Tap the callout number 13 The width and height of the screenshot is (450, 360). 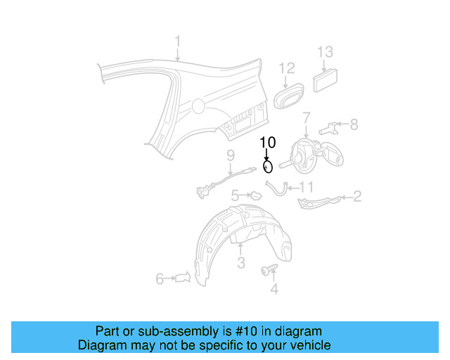[x=324, y=51]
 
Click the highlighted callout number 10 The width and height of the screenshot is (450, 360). [x=267, y=142]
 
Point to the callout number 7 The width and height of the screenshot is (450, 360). [x=306, y=117]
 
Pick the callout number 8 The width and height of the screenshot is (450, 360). [x=354, y=124]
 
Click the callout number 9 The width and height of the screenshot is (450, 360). [x=230, y=155]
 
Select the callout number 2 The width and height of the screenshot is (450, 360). [x=357, y=196]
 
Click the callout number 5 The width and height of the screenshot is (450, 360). [x=236, y=195]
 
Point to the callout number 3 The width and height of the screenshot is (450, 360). [x=240, y=264]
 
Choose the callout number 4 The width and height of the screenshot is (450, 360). [x=274, y=288]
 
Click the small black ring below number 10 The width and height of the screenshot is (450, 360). [x=267, y=167]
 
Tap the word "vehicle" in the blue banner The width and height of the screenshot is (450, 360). [x=310, y=345]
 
